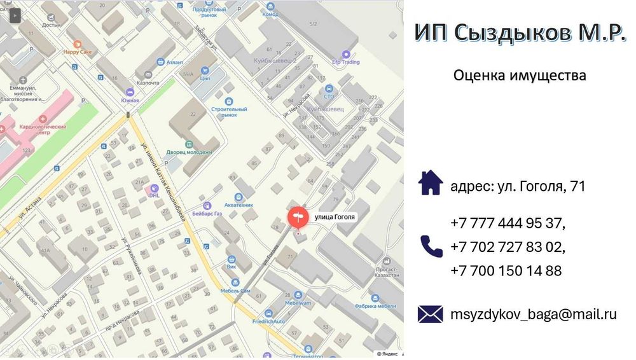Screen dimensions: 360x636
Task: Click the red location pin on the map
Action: [x=297, y=218]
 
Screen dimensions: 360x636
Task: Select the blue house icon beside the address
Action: [x=431, y=183]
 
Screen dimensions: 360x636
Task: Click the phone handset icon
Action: [x=431, y=246]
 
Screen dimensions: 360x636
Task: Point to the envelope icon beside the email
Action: [x=431, y=314]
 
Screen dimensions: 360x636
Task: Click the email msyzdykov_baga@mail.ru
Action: [x=534, y=314]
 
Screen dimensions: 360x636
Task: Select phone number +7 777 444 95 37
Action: [x=508, y=223]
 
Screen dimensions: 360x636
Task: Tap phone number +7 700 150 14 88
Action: [x=506, y=270]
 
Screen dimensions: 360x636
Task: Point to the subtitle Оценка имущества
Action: [x=520, y=76]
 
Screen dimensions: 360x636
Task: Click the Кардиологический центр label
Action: [x=43, y=130]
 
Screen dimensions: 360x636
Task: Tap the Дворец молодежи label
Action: [x=189, y=153]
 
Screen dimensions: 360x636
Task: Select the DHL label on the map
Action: [x=155, y=195]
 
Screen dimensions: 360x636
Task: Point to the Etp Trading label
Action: [x=346, y=62]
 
